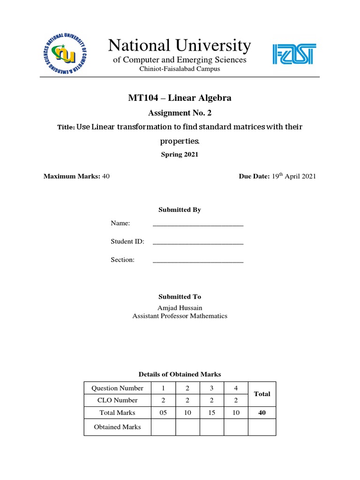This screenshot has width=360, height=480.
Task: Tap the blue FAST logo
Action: (x=294, y=54)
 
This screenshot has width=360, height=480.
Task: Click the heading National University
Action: (x=180, y=45)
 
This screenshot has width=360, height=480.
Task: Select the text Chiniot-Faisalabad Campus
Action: (x=180, y=69)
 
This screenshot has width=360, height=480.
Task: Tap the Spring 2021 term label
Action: (x=180, y=155)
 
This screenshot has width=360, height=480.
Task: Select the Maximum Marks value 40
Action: (x=105, y=176)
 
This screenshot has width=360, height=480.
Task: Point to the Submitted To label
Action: (x=180, y=297)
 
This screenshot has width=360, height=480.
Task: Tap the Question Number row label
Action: (x=117, y=388)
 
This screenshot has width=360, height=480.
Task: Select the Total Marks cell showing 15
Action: (x=212, y=412)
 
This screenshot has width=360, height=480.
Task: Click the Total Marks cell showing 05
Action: (x=164, y=412)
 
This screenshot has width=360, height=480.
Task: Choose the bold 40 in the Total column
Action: (x=262, y=412)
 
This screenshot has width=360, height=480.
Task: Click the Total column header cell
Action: (x=262, y=394)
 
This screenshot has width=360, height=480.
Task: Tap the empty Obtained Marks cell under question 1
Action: (x=164, y=427)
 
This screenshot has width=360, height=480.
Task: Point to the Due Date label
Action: (x=254, y=176)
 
